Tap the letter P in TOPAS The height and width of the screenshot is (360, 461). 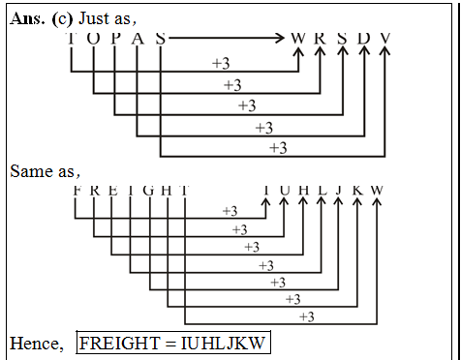click(115, 39)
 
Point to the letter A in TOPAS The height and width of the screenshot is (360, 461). click(138, 39)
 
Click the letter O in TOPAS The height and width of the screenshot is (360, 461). click(94, 39)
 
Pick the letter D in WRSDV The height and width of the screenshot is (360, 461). click(363, 39)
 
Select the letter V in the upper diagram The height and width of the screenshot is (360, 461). click(385, 39)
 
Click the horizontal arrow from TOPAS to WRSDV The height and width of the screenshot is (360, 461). click(228, 40)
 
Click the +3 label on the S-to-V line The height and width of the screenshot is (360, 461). click(277, 148)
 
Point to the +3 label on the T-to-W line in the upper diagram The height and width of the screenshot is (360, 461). click(221, 64)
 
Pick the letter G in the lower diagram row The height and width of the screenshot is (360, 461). click(148, 190)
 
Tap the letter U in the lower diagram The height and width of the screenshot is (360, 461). click(284, 190)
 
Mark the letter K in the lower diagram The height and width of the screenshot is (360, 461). click(358, 190)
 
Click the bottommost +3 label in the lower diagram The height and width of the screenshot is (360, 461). click(306, 316)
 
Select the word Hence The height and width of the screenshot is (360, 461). click(37, 344)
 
